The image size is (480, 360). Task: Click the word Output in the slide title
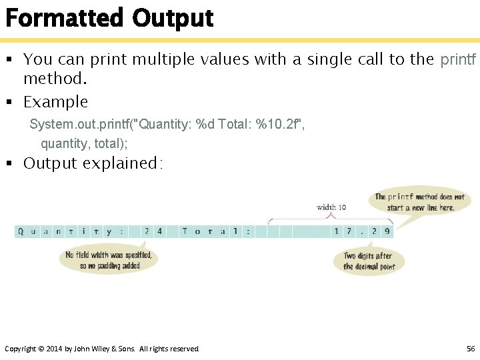(x=173, y=17)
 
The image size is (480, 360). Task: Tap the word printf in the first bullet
(x=458, y=59)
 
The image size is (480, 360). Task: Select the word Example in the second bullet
(x=55, y=102)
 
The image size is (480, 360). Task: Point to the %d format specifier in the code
(x=205, y=125)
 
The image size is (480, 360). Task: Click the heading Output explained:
(x=93, y=163)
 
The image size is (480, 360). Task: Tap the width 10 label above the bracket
(x=331, y=207)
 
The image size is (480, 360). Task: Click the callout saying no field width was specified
(x=109, y=260)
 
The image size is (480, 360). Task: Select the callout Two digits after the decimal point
(x=369, y=261)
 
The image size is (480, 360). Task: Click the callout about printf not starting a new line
(x=419, y=202)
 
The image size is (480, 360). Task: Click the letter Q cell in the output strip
(x=21, y=232)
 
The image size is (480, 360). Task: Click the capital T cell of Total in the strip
(x=185, y=232)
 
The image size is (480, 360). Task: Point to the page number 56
(x=471, y=349)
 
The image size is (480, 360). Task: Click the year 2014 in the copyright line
(x=54, y=349)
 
